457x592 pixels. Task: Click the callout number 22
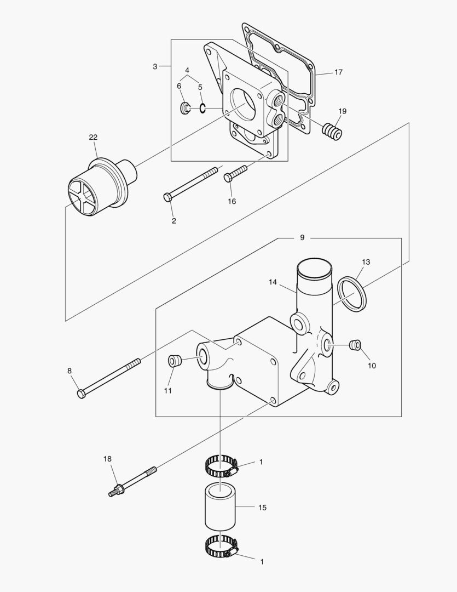pos(93,137)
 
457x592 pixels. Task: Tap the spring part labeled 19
pos(333,132)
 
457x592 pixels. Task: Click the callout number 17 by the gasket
pos(338,72)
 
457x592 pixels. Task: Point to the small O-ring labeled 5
pos(203,108)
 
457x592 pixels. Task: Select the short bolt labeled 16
pos(236,174)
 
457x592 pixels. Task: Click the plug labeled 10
pos(355,344)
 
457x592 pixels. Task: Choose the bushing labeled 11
pos(173,361)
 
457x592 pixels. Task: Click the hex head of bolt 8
pos(82,394)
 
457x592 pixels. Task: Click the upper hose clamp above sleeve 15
pos(221,467)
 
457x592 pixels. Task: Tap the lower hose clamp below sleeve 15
pos(221,546)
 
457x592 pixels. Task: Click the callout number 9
pos(302,238)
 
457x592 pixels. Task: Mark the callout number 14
pos(273,282)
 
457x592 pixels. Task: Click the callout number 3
pos(155,66)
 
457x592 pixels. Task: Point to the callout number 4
pos(187,71)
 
